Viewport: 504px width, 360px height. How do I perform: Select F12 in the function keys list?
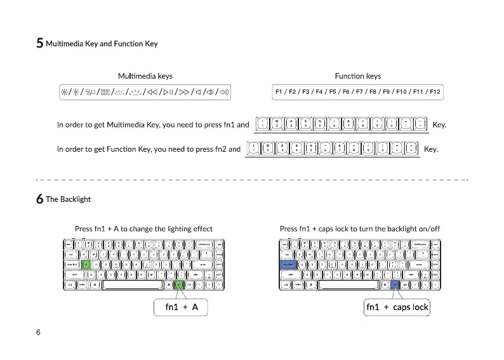tap(434, 92)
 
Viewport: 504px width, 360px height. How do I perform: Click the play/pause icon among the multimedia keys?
tap(164, 92)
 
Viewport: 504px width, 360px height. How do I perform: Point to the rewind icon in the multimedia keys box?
tap(150, 92)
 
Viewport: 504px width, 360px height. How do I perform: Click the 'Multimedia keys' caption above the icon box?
tap(145, 76)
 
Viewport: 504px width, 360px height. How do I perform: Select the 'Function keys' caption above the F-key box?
tap(357, 76)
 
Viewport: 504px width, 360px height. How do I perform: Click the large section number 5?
tap(39, 44)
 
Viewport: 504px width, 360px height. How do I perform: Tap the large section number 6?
tap(39, 199)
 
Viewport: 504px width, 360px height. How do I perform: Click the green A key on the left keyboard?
tap(86, 264)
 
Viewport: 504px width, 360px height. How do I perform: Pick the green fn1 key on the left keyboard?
tap(179, 285)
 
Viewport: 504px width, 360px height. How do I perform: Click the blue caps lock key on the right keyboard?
tap(288, 264)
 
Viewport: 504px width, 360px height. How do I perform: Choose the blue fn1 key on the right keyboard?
tap(395, 285)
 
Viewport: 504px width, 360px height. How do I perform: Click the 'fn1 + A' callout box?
tap(182, 307)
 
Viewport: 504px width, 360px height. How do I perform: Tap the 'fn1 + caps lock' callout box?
tap(397, 307)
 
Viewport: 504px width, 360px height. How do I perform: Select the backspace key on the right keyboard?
tap(419, 244)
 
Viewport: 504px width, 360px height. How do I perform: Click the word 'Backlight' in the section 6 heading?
tap(75, 199)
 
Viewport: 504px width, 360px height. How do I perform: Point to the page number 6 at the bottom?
tap(39, 333)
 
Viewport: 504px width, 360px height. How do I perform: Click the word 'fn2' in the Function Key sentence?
tap(215, 149)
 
